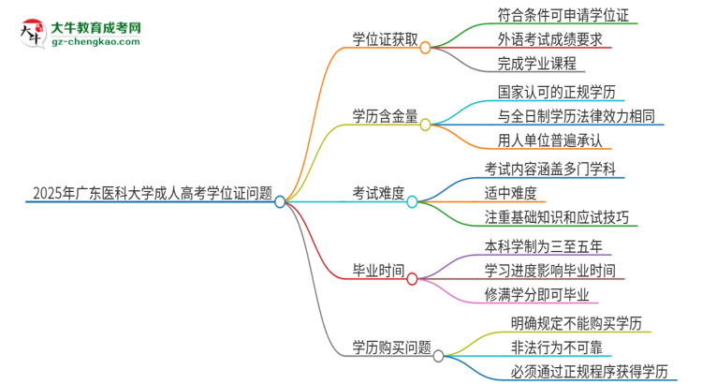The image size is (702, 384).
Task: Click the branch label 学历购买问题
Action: coord(386,348)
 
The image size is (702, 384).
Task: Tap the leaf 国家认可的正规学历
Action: coord(542,92)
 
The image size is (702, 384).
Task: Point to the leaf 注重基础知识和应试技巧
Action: coord(556,218)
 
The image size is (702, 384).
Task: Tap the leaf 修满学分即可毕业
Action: coord(535,296)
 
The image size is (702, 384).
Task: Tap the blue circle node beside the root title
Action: coord(279,200)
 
